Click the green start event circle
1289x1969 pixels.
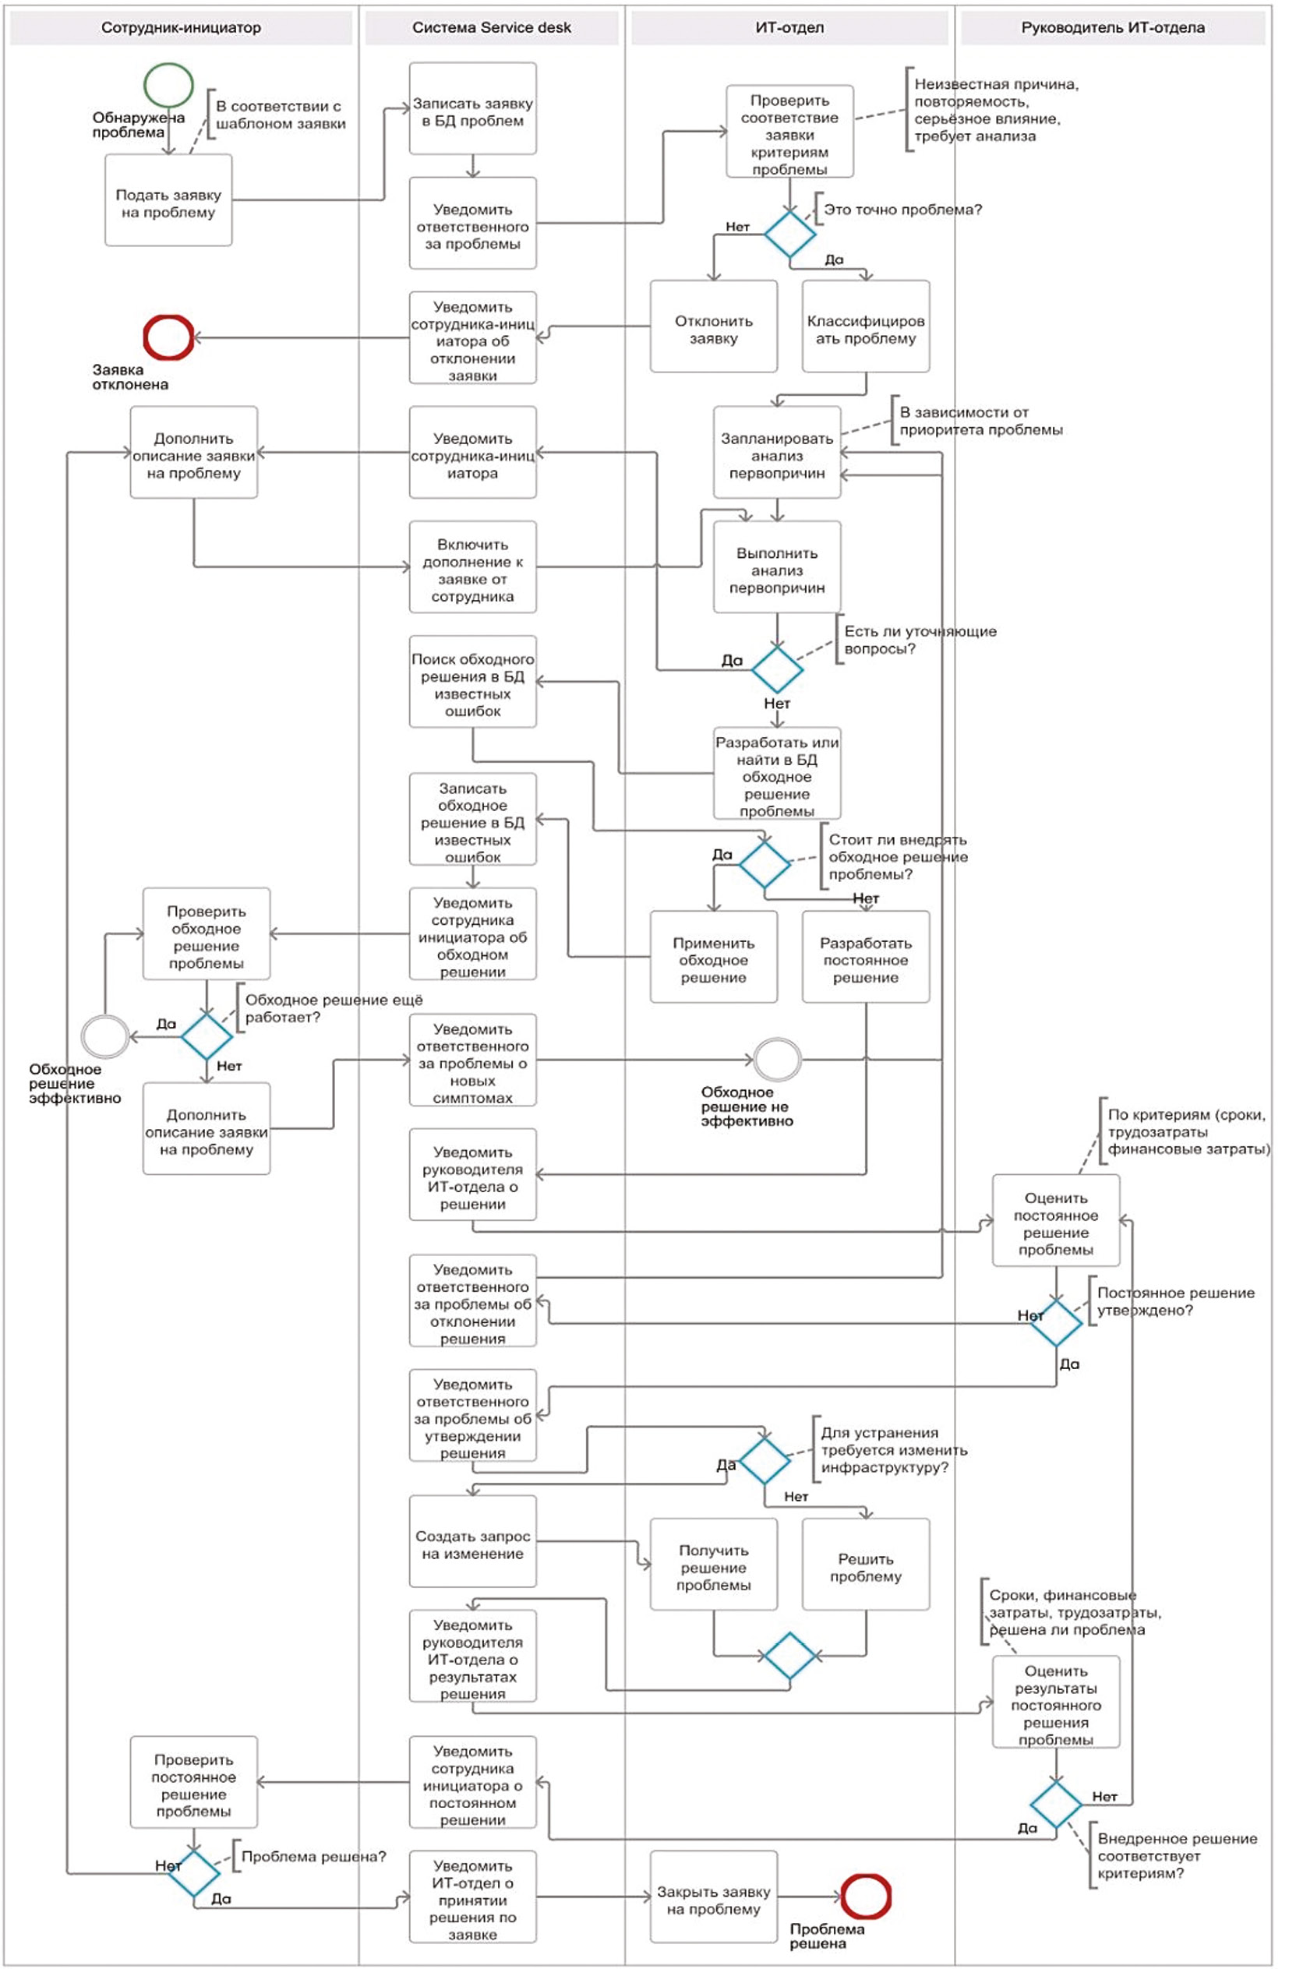tap(169, 85)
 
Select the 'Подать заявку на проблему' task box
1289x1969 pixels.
tap(168, 200)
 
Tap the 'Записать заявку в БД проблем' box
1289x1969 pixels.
tap(472, 109)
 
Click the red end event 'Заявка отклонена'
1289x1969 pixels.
tap(169, 337)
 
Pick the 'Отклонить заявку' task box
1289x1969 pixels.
tap(713, 326)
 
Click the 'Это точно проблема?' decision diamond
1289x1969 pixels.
tap(789, 234)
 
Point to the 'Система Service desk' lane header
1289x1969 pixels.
tap(492, 28)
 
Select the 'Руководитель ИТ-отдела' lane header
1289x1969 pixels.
tap(1112, 28)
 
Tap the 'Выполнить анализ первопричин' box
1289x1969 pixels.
tap(777, 567)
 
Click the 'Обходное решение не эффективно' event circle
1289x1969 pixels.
tap(778, 1060)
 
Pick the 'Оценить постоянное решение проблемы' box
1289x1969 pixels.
tap(1056, 1221)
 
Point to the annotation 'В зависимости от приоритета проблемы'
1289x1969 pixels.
tap(980, 421)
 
